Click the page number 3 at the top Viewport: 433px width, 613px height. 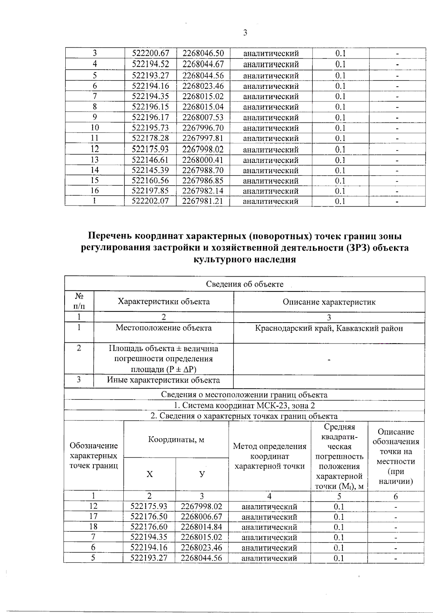click(x=245, y=33)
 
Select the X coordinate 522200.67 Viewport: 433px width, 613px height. click(x=150, y=53)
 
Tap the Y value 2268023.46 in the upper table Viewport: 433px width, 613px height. click(x=203, y=86)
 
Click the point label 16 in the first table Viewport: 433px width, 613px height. click(x=95, y=191)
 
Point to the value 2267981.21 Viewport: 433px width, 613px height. click(x=202, y=201)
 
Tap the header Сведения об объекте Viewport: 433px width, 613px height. click(x=245, y=284)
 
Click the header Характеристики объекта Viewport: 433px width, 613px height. click(x=163, y=302)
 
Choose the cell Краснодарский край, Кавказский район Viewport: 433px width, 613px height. click(x=329, y=328)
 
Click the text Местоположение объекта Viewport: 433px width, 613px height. click(x=163, y=328)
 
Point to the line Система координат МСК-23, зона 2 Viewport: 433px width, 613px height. click(x=245, y=406)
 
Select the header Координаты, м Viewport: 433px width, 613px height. click(x=176, y=440)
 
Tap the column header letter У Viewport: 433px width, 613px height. click(x=202, y=474)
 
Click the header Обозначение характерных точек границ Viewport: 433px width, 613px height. click(x=93, y=456)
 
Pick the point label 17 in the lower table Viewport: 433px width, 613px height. click(x=93, y=517)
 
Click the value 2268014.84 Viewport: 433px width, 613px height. click(x=201, y=527)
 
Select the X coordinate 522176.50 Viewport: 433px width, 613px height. click(x=149, y=517)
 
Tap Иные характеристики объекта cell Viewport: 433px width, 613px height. click(x=163, y=380)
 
